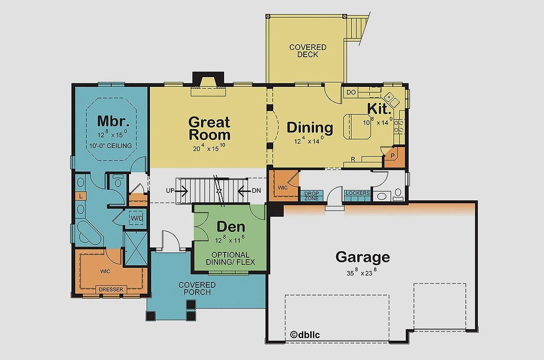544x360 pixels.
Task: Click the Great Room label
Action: pos(209,128)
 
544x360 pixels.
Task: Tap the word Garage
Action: pos(363,257)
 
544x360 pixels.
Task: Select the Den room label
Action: pos(231,227)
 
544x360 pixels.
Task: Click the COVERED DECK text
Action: pos(308,51)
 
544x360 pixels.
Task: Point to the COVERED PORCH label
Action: pos(197,288)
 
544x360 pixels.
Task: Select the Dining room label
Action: pos(310,128)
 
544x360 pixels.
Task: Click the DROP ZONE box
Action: pos(312,196)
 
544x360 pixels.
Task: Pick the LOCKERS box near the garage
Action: pos(358,194)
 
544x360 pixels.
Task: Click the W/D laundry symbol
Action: pos(136,219)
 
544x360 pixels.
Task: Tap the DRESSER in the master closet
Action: pos(111,290)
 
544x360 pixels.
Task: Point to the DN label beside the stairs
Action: pos(256,191)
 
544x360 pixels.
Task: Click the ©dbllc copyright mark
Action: pos(304,334)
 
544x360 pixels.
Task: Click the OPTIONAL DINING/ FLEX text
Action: pos(231,258)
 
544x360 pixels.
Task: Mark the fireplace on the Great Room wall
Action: pos(208,82)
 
